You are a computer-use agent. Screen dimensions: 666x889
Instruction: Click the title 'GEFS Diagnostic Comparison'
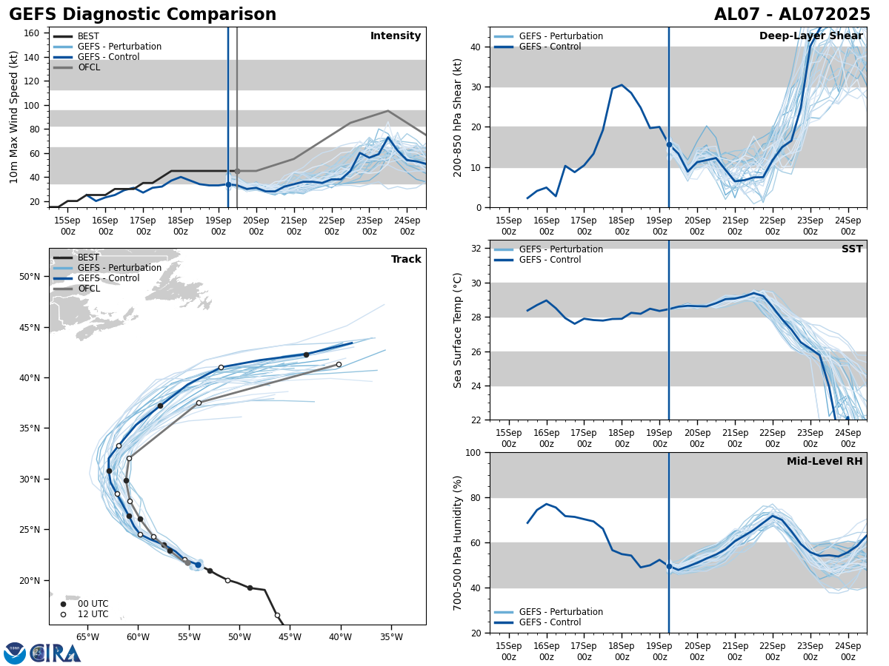click(x=142, y=15)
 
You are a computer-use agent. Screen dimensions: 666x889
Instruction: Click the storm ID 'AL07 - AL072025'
click(x=792, y=15)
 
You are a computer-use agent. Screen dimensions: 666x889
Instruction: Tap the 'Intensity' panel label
click(x=396, y=36)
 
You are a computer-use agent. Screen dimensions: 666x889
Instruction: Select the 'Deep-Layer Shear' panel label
click(x=810, y=36)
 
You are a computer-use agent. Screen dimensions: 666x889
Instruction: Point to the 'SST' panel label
click(x=852, y=249)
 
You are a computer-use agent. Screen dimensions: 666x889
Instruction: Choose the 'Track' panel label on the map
click(x=406, y=260)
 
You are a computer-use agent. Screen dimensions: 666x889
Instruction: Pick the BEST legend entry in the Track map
click(x=88, y=258)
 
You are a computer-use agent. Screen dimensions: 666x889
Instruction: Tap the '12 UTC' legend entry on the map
click(x=93, y=614)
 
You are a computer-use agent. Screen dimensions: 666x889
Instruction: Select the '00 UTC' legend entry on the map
click(x=93, y=604)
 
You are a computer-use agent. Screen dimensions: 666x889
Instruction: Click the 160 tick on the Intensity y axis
click(x=32, y=33)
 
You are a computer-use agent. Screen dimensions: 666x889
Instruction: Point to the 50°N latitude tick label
click(x=30, y=277)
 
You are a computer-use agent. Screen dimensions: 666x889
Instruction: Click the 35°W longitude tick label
click(x=391, y=637)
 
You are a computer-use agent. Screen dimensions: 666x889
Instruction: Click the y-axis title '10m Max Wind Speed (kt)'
click(x=14, y=117)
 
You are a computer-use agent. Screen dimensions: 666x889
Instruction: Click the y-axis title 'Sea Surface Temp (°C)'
click(x=458, y=330)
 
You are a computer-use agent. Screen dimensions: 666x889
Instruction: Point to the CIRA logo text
click(x=55, y=653)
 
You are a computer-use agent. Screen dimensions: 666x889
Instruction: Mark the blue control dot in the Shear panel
click(x=669, y=144)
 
